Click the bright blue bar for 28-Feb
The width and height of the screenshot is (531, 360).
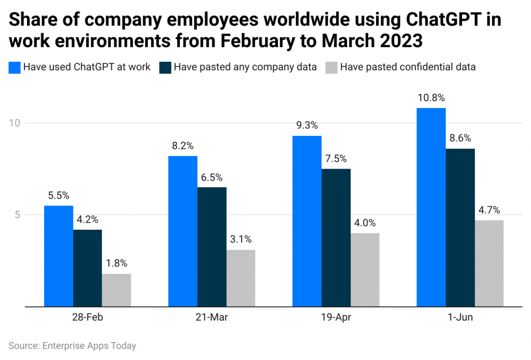[58, 256]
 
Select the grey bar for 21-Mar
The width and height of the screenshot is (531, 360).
[241, 278]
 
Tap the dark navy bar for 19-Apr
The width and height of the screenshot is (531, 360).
[336, 238]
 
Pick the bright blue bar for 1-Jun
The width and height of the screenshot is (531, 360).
[431, 207]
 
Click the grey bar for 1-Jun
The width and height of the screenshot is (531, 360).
[489, 264]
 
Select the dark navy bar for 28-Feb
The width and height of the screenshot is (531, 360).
[87, 268]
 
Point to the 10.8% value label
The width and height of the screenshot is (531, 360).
[431, 98]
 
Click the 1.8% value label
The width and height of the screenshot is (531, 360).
[116, 263]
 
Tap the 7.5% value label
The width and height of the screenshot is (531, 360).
[336, 158]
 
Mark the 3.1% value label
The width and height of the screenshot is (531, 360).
[241, 239]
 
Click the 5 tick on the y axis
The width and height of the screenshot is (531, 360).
[16, 215]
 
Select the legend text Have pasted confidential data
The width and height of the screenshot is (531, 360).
[408, 67]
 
